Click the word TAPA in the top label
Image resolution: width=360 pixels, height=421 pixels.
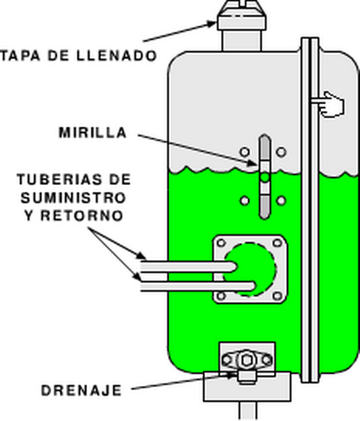(20, 56)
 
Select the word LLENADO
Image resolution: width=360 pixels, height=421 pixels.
(117, 56)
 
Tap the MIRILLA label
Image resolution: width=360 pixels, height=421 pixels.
(93, 133)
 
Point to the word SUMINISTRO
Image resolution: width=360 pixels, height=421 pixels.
(74, 198)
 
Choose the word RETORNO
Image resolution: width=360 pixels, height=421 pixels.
(82, 216)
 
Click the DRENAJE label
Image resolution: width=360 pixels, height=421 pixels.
(82, 391)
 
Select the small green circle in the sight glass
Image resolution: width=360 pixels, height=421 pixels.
(265, 177)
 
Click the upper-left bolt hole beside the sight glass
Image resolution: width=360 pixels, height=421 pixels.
(245, 152)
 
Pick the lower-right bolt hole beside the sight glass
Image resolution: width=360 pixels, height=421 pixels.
(281, 201)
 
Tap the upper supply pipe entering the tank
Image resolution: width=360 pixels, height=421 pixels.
(188, 266)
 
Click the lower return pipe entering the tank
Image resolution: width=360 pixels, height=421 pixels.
(199, 286)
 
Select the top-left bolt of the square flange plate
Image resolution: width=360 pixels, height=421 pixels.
(221, 243)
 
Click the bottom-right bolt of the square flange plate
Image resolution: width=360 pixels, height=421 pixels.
(278, 296)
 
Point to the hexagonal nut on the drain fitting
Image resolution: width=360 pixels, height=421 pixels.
(246, 360)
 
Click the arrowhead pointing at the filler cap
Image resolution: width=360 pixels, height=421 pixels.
(213, 24)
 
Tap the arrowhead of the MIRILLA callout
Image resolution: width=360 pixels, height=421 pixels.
(253, 164)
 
